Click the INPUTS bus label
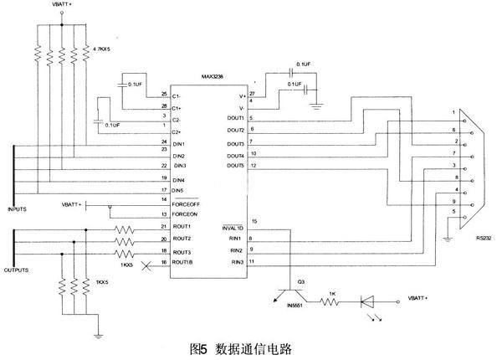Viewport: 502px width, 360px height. pyautogui.click(x=18, y=209)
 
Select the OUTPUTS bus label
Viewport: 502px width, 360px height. pyautogui.click(x=19, y=270)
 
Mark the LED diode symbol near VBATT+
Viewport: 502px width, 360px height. pyautogui.click(x=367, y=299)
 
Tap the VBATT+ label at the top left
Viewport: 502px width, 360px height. pyautogui.click(x=63, y=5)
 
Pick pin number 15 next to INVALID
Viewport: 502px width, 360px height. pyautogui.click(x=254, y=221)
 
